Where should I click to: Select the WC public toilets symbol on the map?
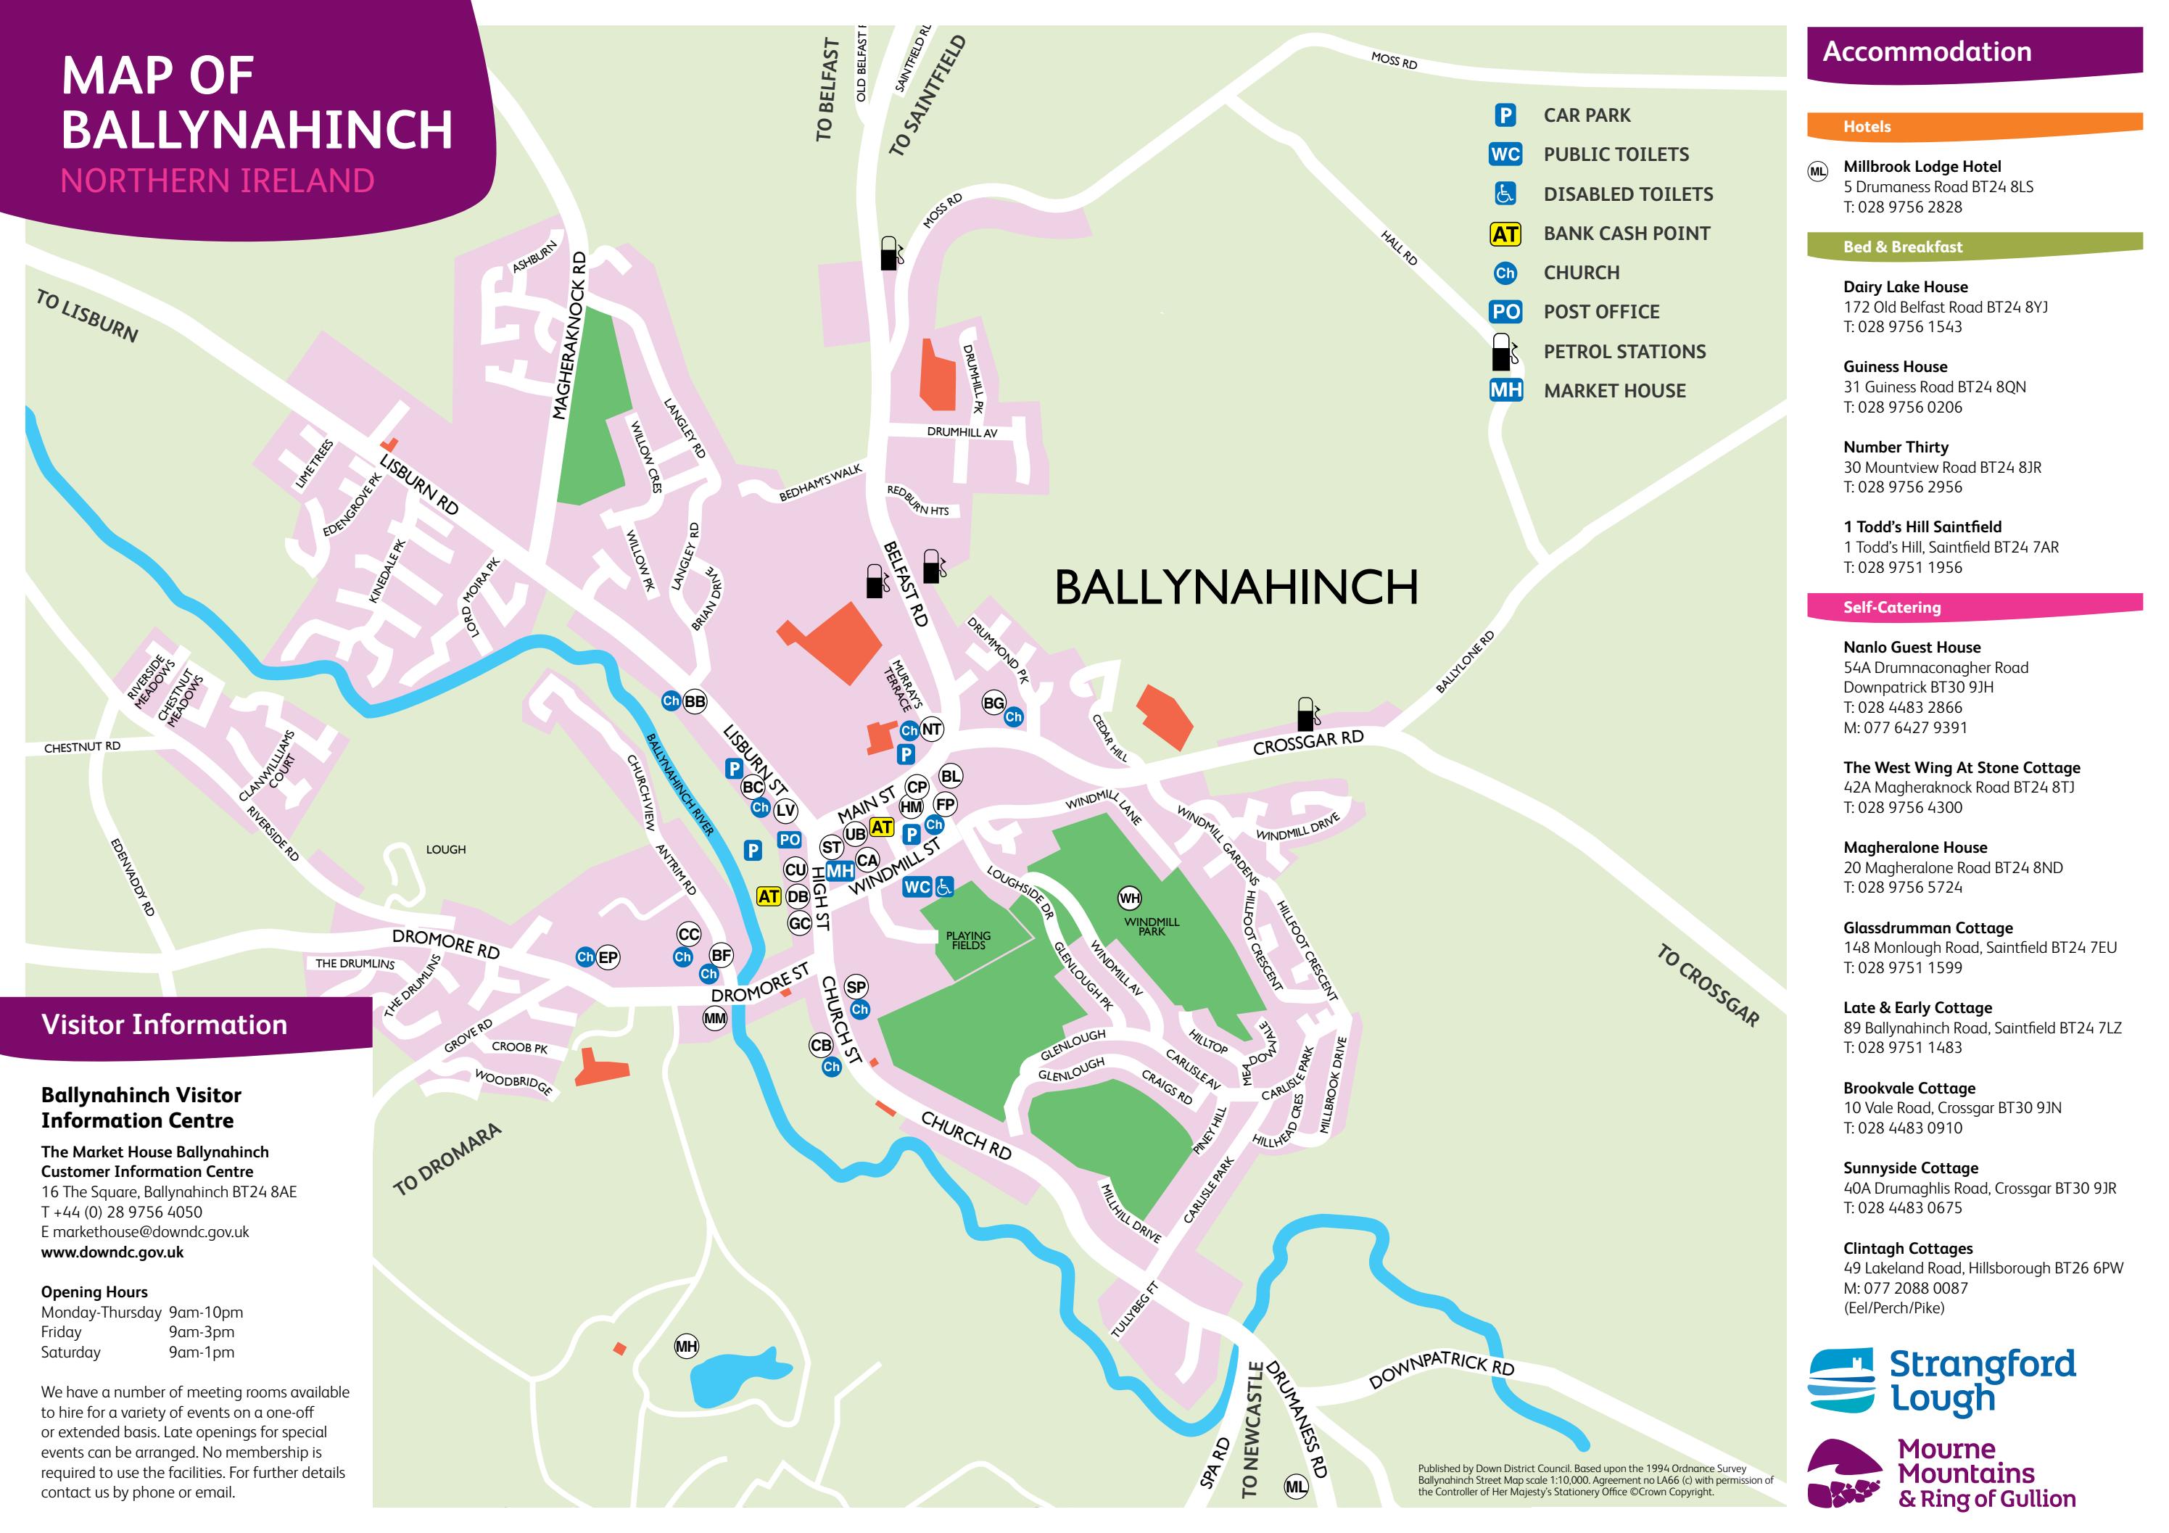coord(917,887)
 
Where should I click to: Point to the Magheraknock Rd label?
coord(571,336)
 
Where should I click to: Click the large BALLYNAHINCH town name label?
coord(1236,587)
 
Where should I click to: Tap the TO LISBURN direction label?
coord(87,316)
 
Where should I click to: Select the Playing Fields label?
coord(968,940)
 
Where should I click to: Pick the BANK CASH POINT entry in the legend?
coord(1626,234)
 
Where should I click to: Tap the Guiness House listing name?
coord(1895,366)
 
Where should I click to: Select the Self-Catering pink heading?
coord(1891,608)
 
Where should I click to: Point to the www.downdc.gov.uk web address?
coord(112,1252)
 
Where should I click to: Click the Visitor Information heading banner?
coord(165,1025)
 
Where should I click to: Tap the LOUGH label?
coord(446,849)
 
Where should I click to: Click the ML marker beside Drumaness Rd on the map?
coord(1296,1487)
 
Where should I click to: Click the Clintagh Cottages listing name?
coord(1907,1248)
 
